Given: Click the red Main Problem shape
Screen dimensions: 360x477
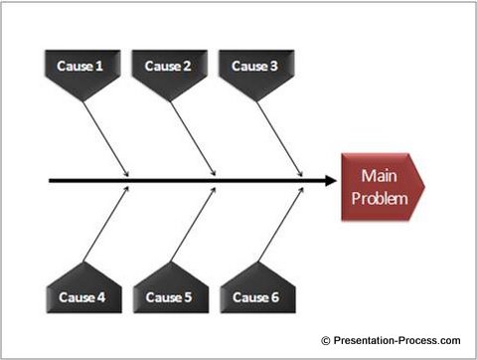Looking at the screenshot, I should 382,187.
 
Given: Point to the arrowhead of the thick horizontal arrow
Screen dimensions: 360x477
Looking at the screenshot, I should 330,181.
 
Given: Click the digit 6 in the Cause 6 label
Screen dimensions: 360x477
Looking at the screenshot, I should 278,297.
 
